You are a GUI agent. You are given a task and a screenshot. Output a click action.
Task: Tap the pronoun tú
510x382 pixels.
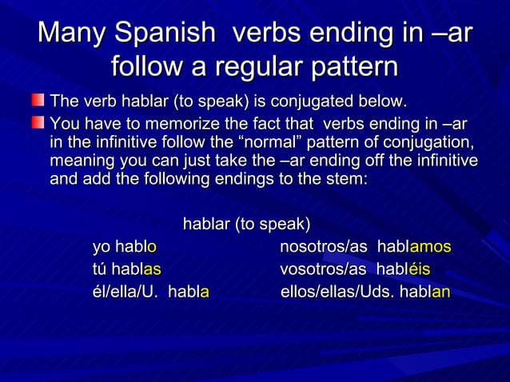click(99, 270)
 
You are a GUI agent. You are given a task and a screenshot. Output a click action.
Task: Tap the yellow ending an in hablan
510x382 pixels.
click(440, 292)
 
